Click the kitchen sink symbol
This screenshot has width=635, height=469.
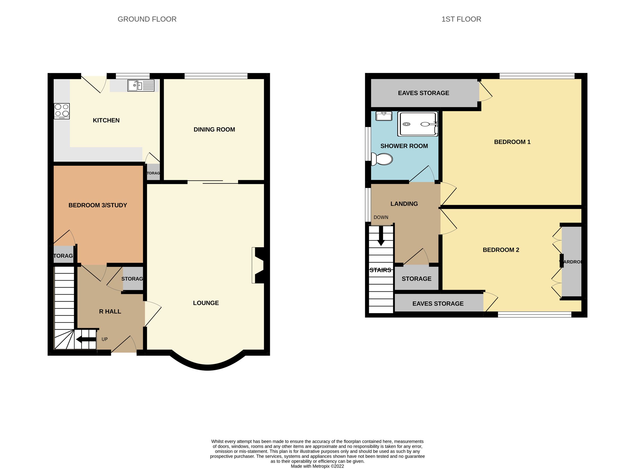141,85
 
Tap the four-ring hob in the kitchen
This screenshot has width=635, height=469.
62,111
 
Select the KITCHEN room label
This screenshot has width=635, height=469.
106,120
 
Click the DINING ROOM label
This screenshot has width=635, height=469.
214,129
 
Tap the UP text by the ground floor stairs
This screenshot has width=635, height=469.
105,339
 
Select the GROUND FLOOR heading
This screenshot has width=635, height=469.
147,19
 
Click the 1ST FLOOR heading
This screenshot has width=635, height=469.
461,19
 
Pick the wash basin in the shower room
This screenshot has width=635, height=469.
384,116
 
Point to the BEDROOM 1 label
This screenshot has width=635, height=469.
512,142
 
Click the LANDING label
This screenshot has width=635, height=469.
404,204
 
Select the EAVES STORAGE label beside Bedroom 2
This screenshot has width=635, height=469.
438,304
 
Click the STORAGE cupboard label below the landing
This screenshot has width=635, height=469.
416,279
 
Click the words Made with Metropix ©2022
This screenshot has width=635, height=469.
317,466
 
